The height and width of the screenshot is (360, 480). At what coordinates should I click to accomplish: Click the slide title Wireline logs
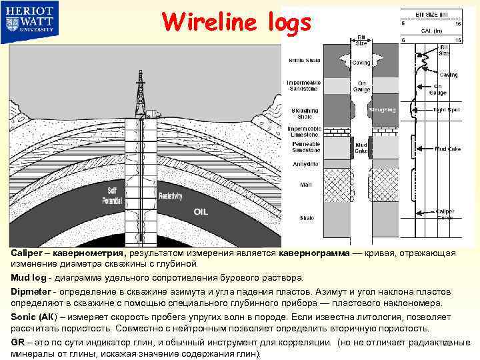(x=236, y=23)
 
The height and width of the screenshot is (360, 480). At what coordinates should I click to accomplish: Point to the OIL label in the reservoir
(x=202, y=212)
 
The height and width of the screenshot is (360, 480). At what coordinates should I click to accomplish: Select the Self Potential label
(x=111, y=196)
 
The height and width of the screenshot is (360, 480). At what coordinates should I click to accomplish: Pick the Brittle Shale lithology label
(x=303, y=61)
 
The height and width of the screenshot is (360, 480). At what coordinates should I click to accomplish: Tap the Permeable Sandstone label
(x=304, y=147)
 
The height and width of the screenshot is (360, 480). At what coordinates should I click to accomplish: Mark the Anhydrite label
(x=304, y=164)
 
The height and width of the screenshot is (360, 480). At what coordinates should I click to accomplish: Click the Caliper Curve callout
(x=445, y=213)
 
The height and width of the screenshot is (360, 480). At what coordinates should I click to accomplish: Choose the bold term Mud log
(x=27, y=277)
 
